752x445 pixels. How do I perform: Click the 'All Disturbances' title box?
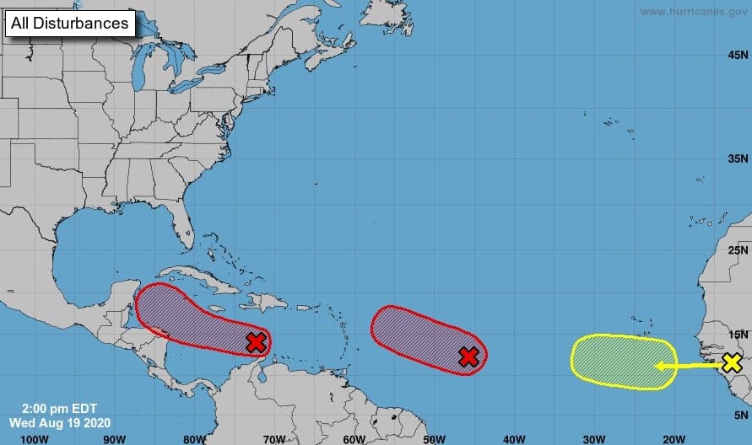(x=71, y=23)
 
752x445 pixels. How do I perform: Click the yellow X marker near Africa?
(x=732, y=363)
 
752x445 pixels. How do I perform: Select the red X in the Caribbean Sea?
(x=257, y=342)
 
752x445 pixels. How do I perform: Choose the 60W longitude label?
(x=354, y=438)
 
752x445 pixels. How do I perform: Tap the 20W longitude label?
(x=673, y=438)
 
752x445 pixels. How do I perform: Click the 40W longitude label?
(x=513, y=438)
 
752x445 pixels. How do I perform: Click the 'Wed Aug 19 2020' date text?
(x=57, y=421)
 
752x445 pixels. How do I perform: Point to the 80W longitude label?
(x=193, y=438)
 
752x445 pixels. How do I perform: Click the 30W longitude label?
(x=592, y=438)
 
